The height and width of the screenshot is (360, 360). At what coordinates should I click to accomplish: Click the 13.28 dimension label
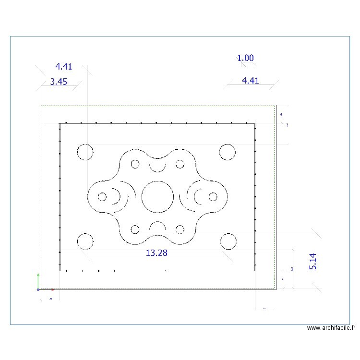156,252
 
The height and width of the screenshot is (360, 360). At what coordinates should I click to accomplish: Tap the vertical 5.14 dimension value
313,261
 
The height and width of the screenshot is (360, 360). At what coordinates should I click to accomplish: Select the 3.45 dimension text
59,82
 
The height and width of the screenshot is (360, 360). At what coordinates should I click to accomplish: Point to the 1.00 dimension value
245,58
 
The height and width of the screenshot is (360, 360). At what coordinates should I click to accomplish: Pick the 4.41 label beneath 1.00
251,81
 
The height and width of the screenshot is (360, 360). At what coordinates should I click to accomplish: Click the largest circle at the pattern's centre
157,197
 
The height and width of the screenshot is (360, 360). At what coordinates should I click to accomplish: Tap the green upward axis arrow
38,278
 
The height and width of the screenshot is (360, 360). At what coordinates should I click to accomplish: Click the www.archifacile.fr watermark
331,328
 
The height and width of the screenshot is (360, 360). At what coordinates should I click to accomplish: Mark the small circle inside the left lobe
102,196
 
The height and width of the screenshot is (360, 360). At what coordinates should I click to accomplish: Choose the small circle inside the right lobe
213,196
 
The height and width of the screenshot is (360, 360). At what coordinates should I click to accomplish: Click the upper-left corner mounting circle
85,152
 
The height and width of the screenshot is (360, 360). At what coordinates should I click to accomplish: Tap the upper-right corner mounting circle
228,152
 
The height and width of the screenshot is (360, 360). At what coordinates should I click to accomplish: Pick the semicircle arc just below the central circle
157,225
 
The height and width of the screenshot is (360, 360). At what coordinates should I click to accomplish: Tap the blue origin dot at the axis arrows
38,289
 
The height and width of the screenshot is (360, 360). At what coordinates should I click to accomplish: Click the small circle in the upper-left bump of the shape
135,164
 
